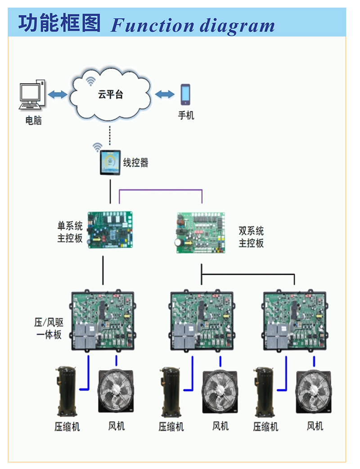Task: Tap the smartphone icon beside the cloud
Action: [185, 94]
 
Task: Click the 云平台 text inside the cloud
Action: [110, 95]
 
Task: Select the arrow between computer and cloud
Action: [58, 94]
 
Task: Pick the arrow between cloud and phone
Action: [165, 94]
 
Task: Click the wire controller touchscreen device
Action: [110, 162]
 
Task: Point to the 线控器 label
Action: [136, 163]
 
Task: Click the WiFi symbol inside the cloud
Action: [91, 81]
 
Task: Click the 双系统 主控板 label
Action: [251, 237]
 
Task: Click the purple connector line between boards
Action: [160, 190]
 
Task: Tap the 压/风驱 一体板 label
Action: [48, 328]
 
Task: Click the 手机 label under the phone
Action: [186, 116]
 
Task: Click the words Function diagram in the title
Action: [193, 25]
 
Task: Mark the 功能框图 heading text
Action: [59, 23]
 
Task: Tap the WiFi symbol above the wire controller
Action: [97, 147]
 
